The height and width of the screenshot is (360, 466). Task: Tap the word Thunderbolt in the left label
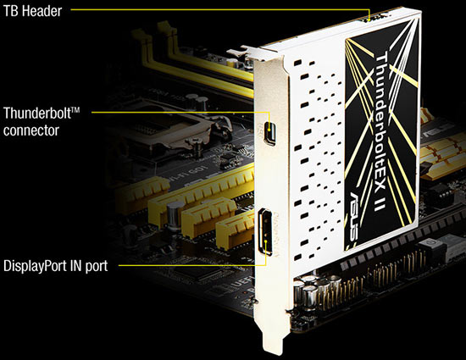tap(31, 113)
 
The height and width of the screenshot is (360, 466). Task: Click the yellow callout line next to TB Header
tap(212, 9)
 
